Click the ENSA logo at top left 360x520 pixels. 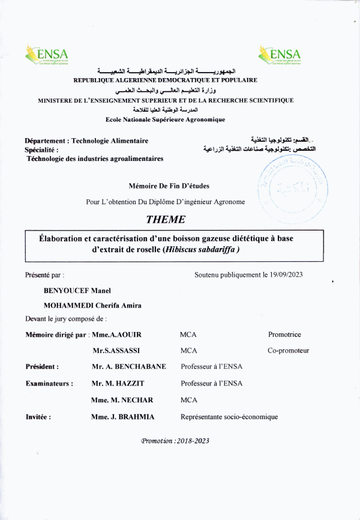pyautogui.click(x=47, y=57)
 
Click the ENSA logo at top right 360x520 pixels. pyautogui.click(x=280, y=57)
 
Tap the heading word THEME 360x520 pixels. pyautogui.click(x=166, y=220)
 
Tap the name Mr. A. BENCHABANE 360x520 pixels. pyautogui.click(x=128, y=366)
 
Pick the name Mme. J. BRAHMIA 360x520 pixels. pyautogui.click(x=122, y=416)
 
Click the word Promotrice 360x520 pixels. pyautogui.click(x=284, y=334)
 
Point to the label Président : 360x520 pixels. pyautogui.click(x=42, y=366)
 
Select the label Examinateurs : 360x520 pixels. pyautogui.click(x=49, y=382)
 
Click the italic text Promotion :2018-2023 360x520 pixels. pyautogui.click(x=175, y=441)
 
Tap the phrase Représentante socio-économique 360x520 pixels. pyautogui.click(x=229, y=416)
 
